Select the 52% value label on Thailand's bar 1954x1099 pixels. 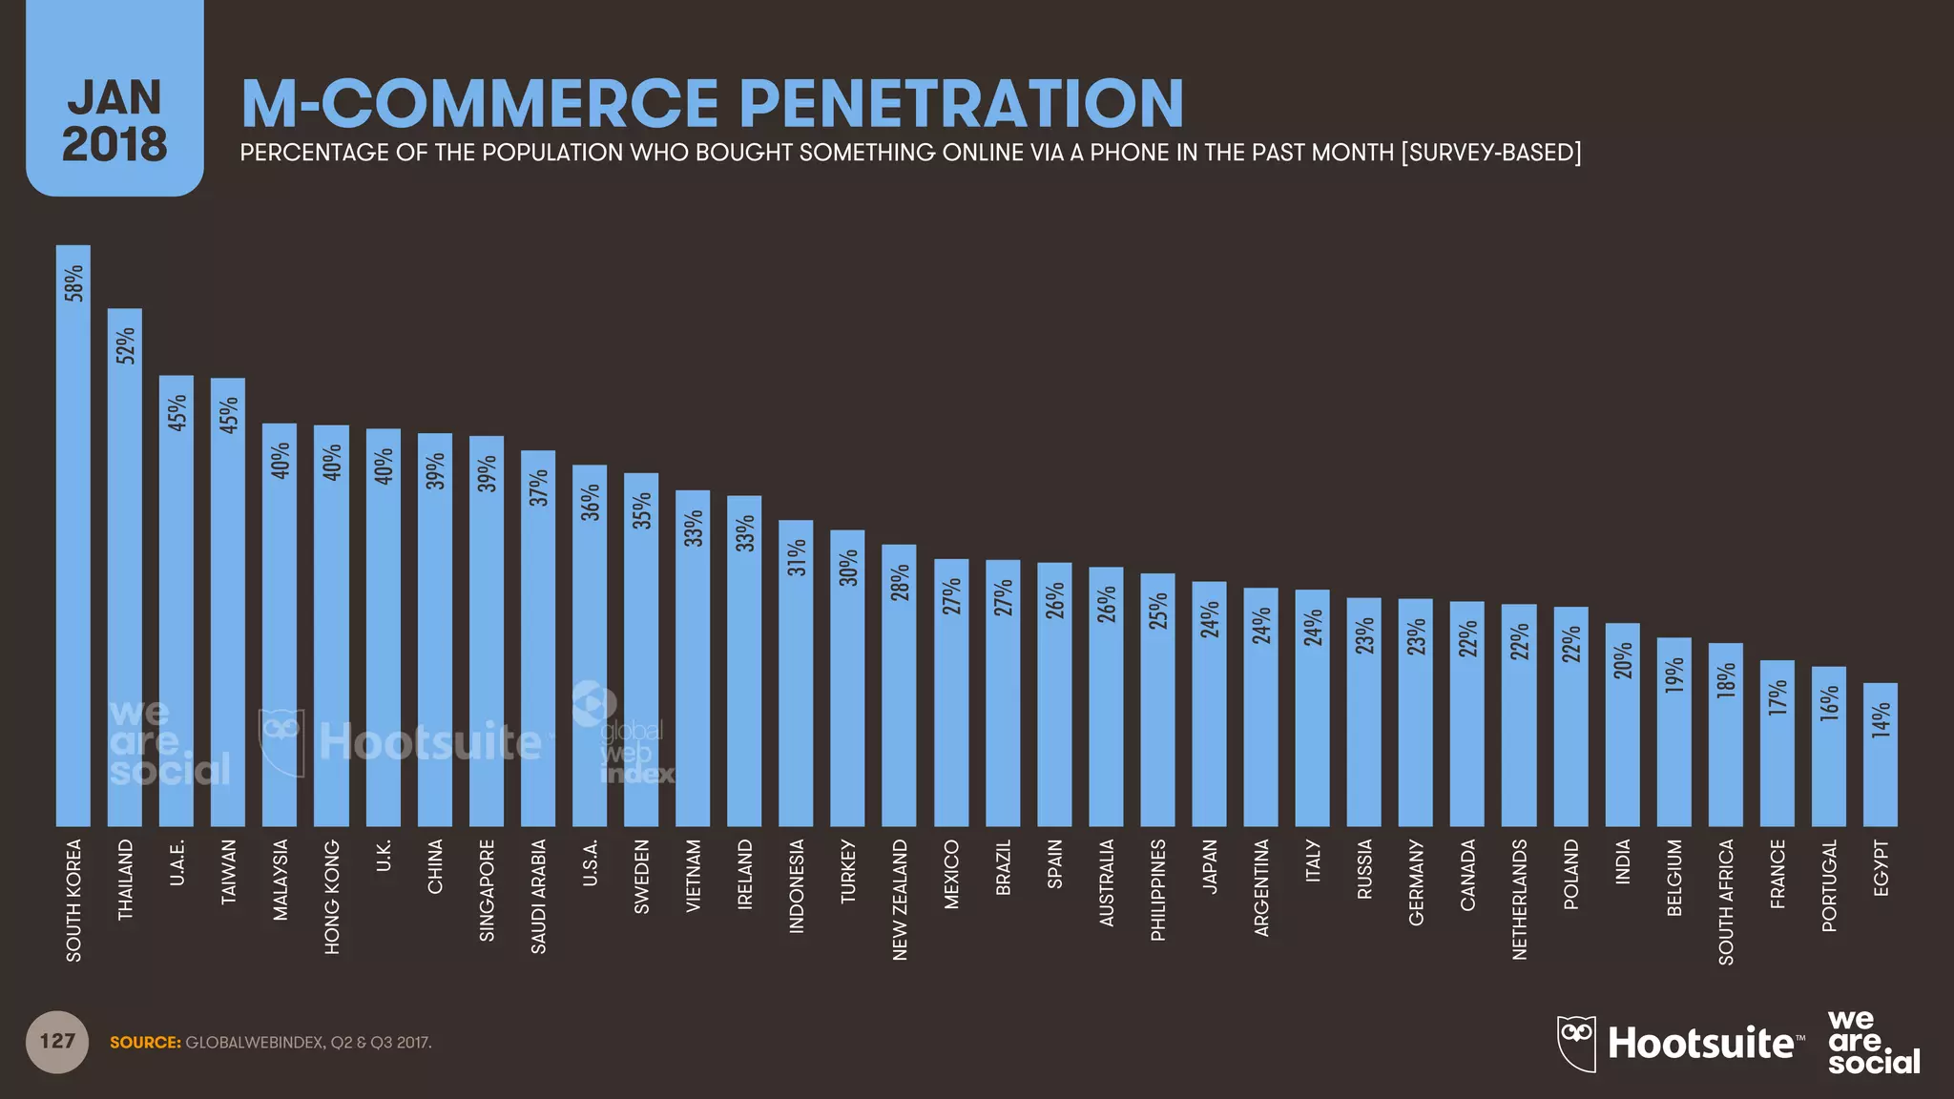click(126, 345)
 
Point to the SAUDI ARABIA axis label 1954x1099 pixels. click(539, 896)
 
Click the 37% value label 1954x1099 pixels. click(539, 487)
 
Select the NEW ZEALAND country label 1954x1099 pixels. click(900, 899)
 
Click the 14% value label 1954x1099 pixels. click(1881, 720)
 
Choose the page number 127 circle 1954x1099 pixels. click(57, 1041)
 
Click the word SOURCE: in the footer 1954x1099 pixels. click(145, 1043)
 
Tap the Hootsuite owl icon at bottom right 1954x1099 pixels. click(1576, 1043)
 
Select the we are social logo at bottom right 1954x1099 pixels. click(1872, 1043)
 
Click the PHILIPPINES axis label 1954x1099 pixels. click(1158, 889)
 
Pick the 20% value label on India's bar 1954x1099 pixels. click(1623, 660)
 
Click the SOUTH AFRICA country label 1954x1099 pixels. click(1726, 902)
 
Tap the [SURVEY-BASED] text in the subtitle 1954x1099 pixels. click(1490, 153)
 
